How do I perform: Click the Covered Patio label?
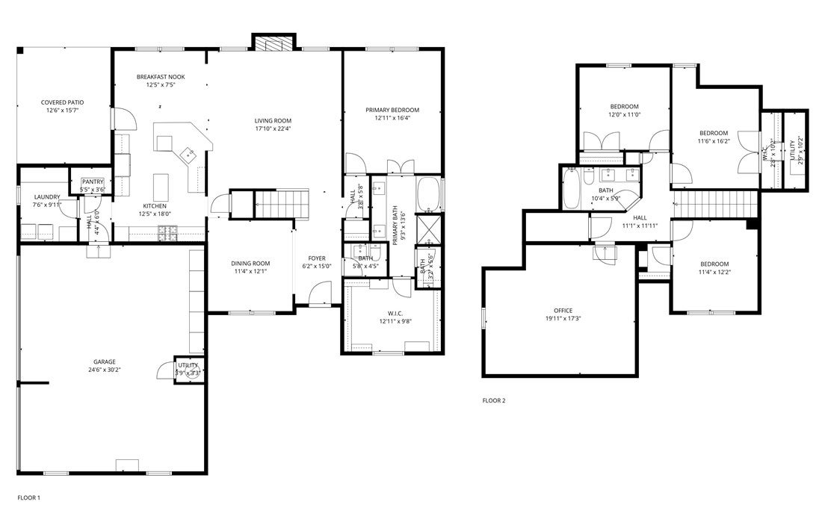[62, 102]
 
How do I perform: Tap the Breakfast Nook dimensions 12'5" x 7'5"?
[161, 85]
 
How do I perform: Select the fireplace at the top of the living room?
[274, 43]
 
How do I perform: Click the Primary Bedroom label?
[392, 110]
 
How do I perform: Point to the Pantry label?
[93, 181]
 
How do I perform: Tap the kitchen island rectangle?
[161, 184]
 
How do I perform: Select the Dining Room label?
[250, 263]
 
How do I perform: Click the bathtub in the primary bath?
[428, 194]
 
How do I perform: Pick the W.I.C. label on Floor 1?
[395, 314]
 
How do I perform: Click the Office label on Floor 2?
[563, 311]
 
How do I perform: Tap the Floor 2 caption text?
[494, 400]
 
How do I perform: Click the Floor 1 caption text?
[28, 497]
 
